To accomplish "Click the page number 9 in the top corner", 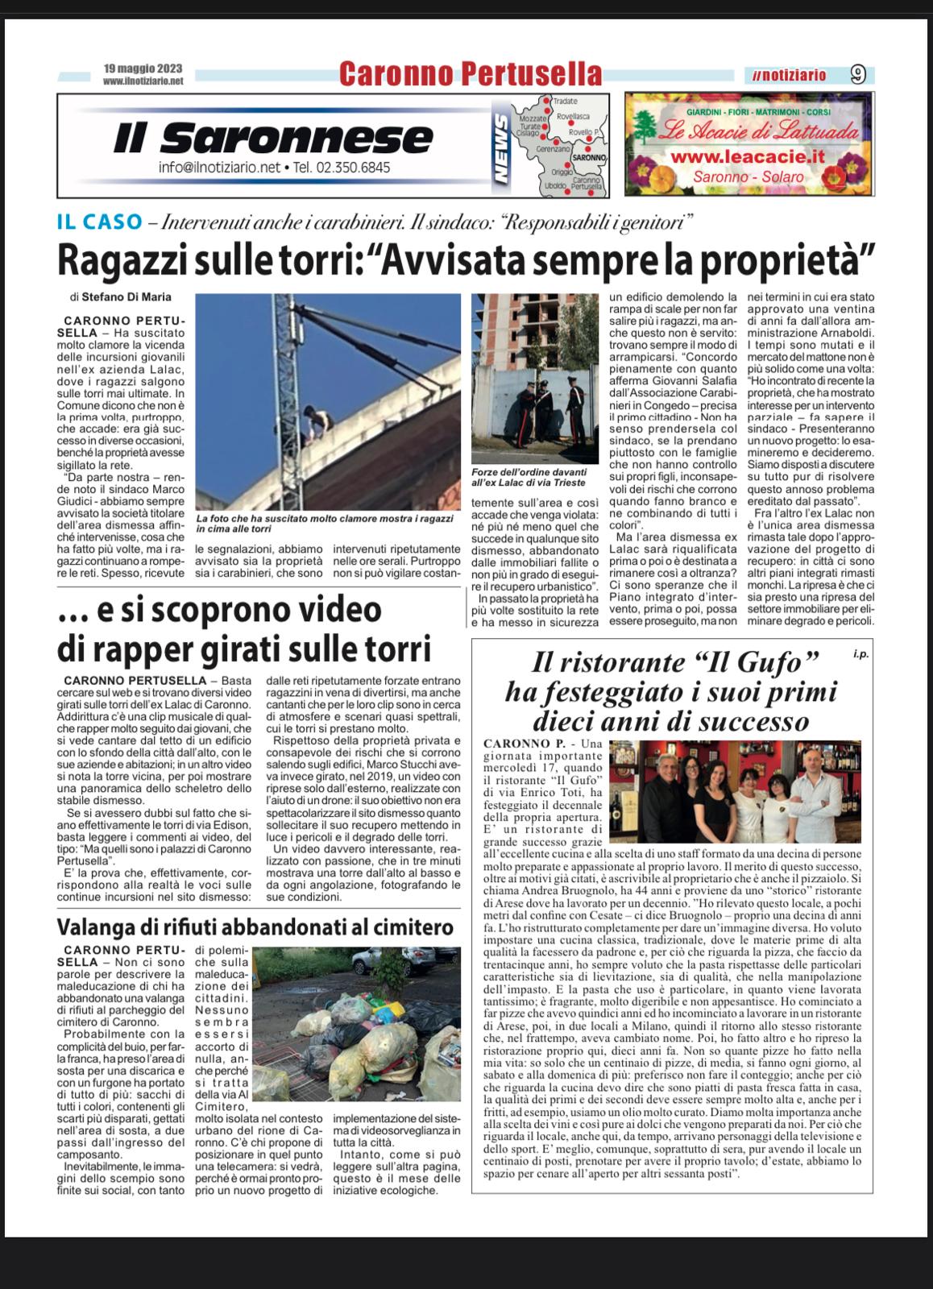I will (x=857, y=75).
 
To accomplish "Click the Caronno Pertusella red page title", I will (x=470, y=74).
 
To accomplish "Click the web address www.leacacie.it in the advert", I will (x=748, y=156).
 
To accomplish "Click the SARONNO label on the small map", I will (x=590, y=157).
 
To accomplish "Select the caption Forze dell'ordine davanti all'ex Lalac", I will (x=529, y=477).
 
